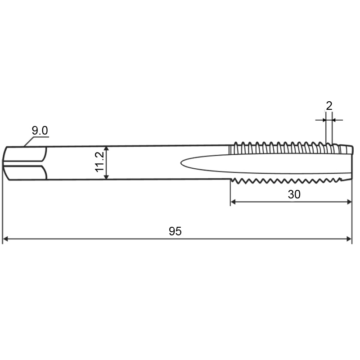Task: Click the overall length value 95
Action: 175,231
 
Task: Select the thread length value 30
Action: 294,194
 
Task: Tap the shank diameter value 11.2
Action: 99,162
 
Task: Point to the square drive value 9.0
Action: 40,130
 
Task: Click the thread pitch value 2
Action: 329,106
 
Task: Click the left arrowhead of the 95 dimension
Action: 5,239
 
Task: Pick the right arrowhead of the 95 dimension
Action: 349,239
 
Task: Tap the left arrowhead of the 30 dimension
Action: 233,202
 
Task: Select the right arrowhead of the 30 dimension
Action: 349,202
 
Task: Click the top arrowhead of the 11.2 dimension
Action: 106,149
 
